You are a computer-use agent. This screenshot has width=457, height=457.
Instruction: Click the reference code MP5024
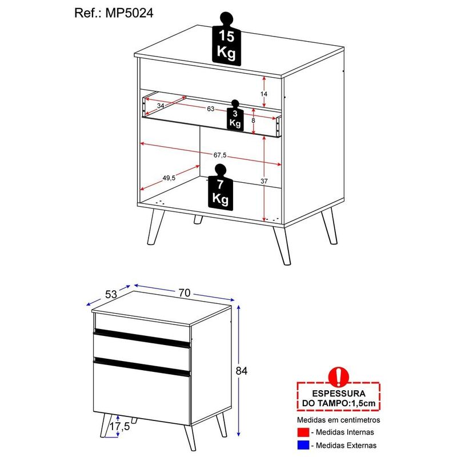129,13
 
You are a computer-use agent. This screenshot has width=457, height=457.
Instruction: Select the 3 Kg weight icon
235,115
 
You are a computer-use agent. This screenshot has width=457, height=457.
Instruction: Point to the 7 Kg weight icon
221,187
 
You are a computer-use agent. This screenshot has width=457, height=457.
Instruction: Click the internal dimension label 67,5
220,155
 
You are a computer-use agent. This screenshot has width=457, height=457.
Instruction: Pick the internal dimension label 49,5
169,178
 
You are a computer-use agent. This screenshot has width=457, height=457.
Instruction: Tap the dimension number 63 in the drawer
210,109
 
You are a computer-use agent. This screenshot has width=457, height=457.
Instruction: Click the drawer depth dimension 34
161,106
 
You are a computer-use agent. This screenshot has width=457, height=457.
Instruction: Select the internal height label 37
264,181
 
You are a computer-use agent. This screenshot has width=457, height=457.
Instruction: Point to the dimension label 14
264,94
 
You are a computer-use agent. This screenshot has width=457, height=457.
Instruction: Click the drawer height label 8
253,121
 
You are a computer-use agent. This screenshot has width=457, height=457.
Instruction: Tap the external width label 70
184,292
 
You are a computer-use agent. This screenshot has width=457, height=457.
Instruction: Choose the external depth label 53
111,294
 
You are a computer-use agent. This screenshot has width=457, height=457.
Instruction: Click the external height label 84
241,371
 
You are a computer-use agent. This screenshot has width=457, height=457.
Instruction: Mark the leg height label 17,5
119,426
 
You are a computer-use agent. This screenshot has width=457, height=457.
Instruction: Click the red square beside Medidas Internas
303,432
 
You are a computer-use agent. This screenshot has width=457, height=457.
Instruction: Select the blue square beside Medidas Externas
303,445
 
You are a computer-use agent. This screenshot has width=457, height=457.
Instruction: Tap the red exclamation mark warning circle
338,376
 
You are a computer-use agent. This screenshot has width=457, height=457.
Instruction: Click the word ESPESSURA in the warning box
338,394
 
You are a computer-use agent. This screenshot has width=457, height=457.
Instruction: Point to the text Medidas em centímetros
338,420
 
